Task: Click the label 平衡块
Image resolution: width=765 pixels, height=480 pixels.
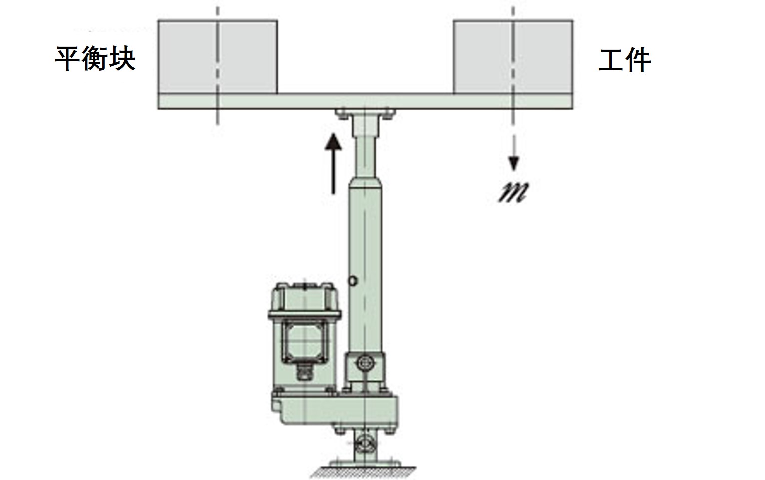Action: click(95, 58)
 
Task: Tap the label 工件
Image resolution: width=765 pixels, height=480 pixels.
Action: click(624, 60)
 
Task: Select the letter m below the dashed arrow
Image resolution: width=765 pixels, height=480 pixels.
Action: click(513, 193)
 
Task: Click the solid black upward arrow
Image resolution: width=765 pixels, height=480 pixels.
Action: click(333, 164)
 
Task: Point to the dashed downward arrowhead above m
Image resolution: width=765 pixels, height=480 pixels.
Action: click(514, 163)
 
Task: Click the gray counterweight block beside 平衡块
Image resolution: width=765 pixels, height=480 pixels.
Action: click(218, 57)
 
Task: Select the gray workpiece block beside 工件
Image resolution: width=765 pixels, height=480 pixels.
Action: click(513, 57)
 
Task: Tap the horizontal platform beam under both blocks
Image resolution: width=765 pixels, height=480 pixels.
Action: click(365, 101)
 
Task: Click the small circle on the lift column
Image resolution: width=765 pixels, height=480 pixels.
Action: click(353, 281)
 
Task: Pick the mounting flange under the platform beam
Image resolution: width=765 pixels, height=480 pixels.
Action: click(365, 114)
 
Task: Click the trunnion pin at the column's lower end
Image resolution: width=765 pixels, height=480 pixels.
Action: click(364, 363)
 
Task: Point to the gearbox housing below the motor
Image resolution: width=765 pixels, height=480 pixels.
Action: click(335, 411)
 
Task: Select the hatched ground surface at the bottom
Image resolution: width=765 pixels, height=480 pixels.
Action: click(364, 472)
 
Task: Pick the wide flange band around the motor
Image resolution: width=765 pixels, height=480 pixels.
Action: click(304, 315)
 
